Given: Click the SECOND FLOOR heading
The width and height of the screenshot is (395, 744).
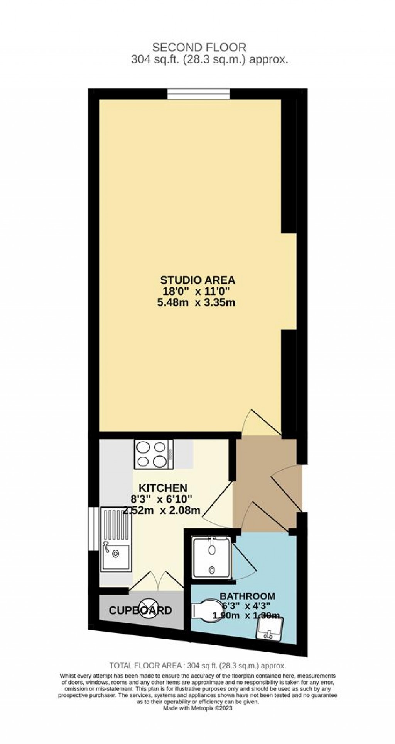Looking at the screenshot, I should point(199,48).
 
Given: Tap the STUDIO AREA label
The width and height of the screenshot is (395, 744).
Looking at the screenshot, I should point(197,280).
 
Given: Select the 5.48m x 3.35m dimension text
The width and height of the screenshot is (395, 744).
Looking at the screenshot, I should point(196,303).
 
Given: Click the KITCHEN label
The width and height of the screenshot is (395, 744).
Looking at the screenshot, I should point(163,488).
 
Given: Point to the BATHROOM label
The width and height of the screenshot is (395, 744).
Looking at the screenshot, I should point(247,596).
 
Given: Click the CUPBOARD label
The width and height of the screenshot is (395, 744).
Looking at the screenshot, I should point(140,611).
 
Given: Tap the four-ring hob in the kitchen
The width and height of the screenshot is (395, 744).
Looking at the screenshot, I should point(154,454).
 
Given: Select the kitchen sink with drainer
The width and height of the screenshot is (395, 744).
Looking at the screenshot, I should point(116,540).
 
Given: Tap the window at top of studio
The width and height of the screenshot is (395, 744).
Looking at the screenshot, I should point(199,94).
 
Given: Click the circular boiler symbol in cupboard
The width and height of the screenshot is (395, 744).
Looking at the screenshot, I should point(149,611).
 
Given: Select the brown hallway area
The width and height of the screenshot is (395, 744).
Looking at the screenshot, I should point(262,483).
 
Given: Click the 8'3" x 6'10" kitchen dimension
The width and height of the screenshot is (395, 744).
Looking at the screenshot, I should point(159,499).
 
